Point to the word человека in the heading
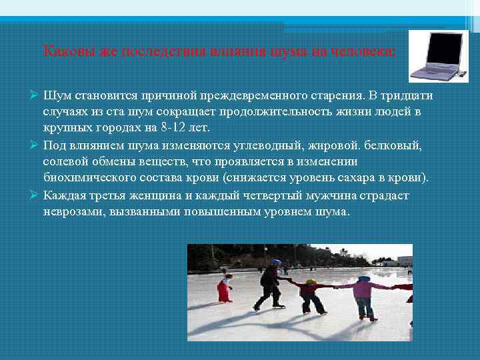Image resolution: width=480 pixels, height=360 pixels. coord(366,51)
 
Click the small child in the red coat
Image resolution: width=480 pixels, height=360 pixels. coord(225,288)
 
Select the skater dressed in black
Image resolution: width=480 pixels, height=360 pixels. coord(271,285)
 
